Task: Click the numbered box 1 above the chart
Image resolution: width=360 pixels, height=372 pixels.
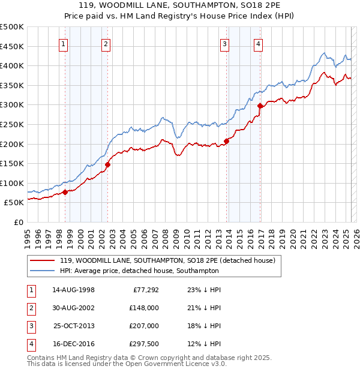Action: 63,43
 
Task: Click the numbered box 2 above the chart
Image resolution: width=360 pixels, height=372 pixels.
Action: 106,43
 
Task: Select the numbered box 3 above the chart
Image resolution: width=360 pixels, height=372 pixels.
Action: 224,43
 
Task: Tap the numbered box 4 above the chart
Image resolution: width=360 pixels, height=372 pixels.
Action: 258,43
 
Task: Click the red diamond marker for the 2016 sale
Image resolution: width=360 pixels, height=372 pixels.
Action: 260,106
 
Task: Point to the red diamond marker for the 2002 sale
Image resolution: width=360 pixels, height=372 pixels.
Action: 108,164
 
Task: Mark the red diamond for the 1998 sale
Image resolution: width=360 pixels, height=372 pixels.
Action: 65,192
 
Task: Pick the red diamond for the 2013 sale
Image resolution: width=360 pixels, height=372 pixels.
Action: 227,142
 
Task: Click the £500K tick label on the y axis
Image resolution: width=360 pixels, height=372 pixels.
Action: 12,27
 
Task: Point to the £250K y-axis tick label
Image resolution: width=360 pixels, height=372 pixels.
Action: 12,125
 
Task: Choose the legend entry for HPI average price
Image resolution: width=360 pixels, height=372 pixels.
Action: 139,271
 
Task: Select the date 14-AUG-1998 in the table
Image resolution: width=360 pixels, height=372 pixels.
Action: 73,290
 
